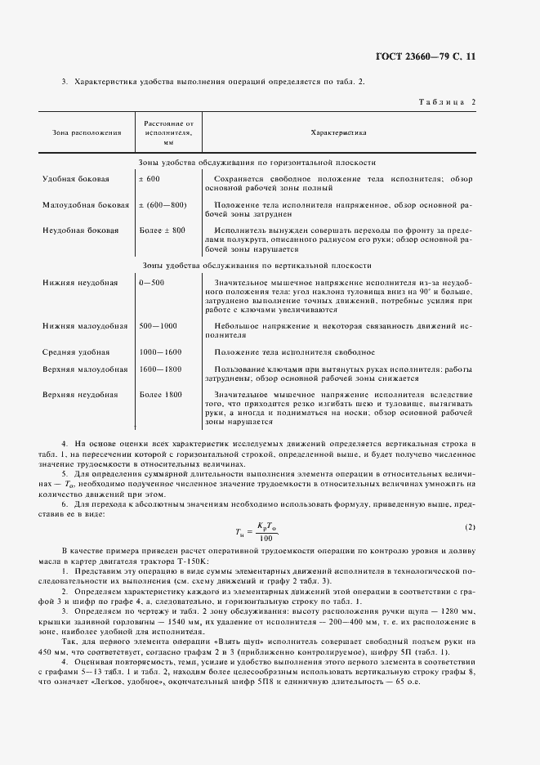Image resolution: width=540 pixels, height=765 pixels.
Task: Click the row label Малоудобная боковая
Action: click(x=86, y=204)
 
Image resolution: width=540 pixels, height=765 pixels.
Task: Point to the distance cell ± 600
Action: click(x=149, y=177)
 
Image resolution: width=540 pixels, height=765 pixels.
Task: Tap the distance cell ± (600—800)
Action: click(x=163, y=204)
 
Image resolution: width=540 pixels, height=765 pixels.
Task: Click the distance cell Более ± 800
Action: click(x=163, y=230)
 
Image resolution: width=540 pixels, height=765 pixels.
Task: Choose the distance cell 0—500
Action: click(x=152, y=282)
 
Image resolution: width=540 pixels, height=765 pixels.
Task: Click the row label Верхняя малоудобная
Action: click(x=85, y=369)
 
